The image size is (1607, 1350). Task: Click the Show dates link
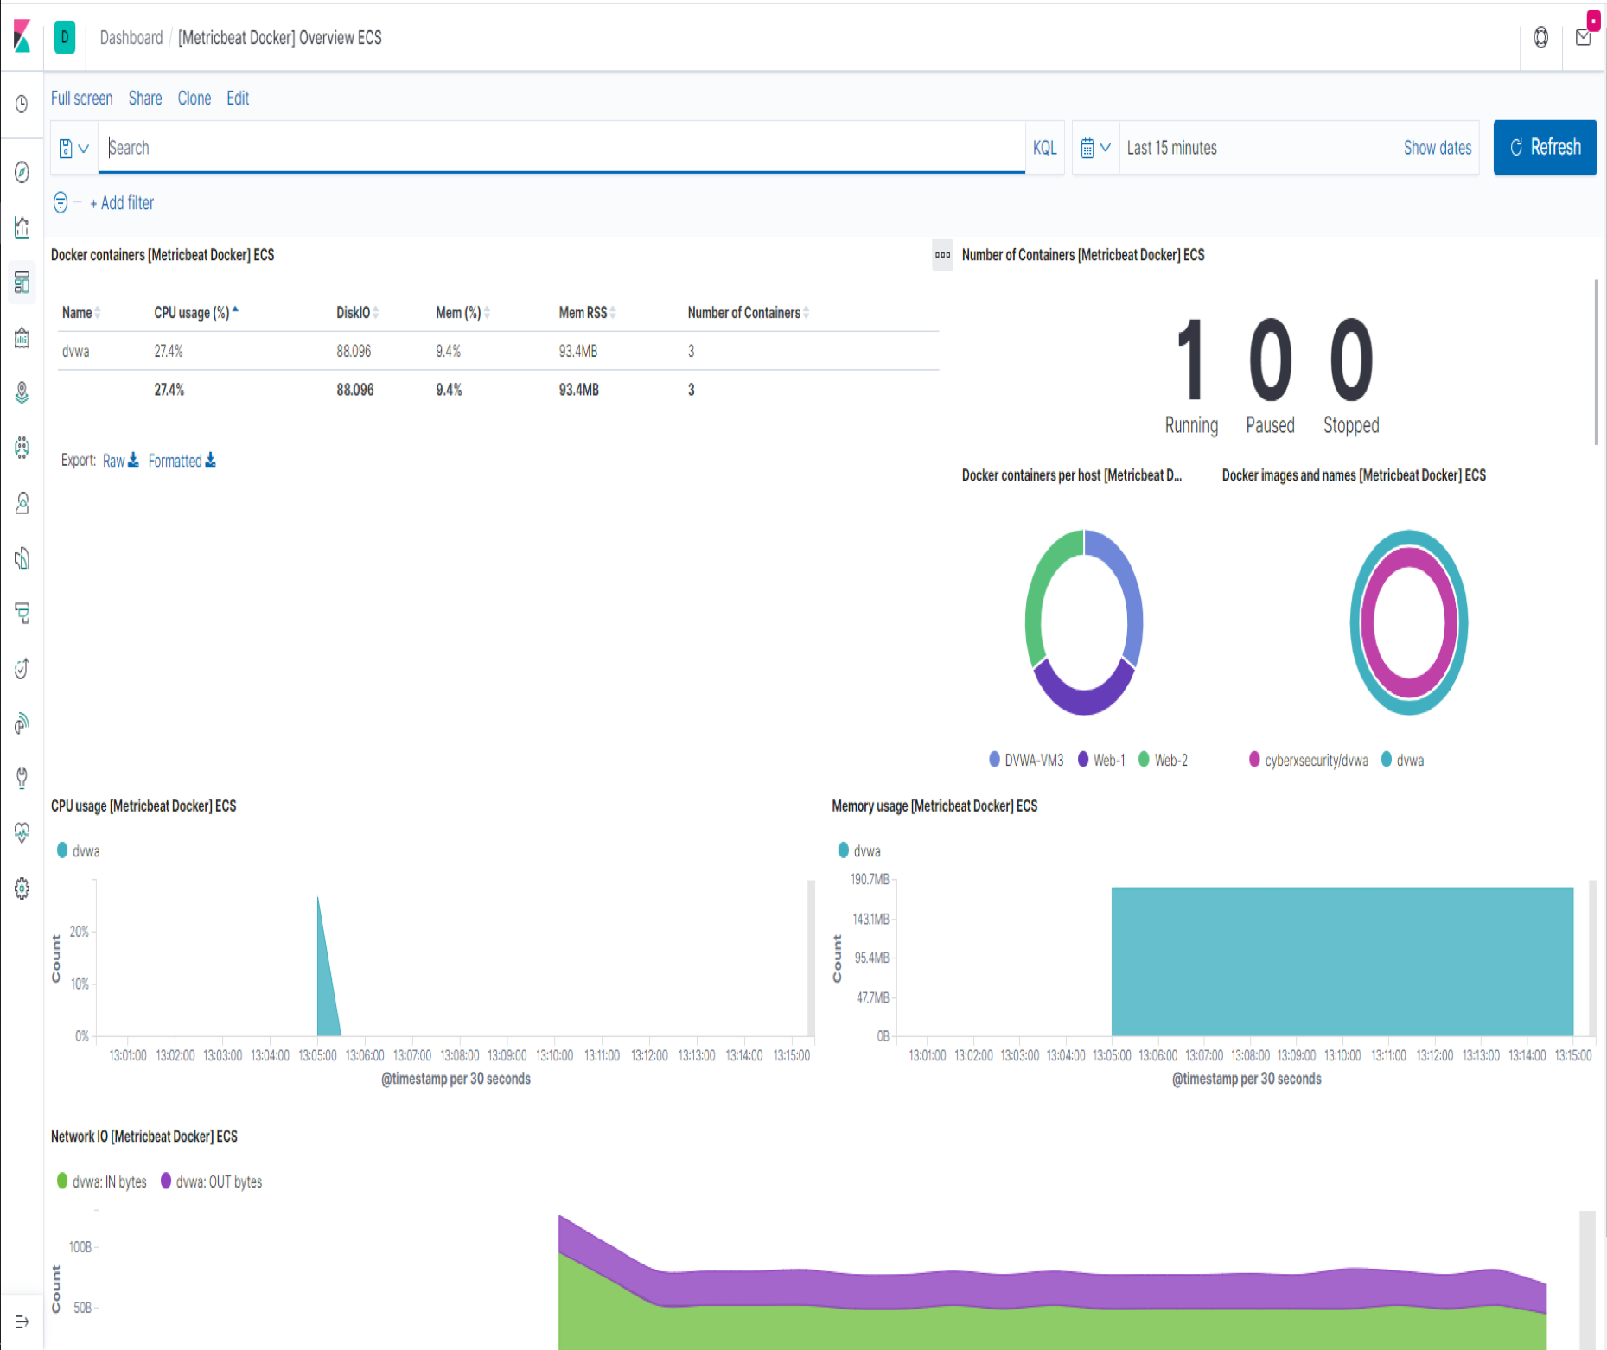pyautogui.click(x=1437, y=148)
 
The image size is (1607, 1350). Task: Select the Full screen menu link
pyautogui.click(x=81, y=99)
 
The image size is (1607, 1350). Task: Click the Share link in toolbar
pyautogui.click(x=145, y=99)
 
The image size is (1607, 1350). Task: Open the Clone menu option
pyautogui.click(x=194, y=99)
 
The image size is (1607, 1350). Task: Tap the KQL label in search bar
pyautogui.click(x=1044, y=148)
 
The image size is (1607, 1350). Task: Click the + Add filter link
pyautogui.click(x=122, y=203)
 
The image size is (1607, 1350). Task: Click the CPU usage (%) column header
pyautogui.click(x=191, y=313)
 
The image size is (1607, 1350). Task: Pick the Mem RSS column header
pyautogui.click(x=583, y=313)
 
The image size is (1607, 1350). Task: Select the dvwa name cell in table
pyautogui.click(x=76, y=352)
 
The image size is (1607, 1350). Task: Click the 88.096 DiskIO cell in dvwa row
pyautogui.click(x=354, y=352)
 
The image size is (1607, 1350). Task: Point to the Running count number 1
pyautogui.click(x=1191, y=360)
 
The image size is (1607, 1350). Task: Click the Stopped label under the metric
pyautogui.click(x=1350, y=425)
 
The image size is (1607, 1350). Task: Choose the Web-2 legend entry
pyautogui.click(x=1170, y=761)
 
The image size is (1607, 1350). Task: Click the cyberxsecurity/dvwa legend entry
pyautogui.click(x=1315, y=761)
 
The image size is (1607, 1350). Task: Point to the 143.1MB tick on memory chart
pyautogui.click(x=870, y=919)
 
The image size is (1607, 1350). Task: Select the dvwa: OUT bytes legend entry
pyautogui.click(x=218, y=1181)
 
